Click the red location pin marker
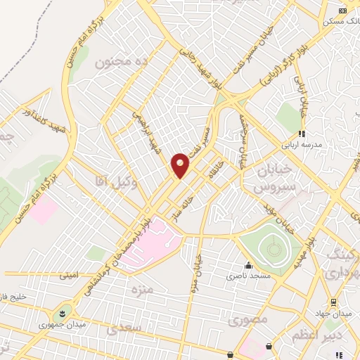[x=181, y=165]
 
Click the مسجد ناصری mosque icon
[x=247, y=266]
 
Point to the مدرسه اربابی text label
[x=302, y=144]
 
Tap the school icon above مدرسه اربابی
[x=301, y=133]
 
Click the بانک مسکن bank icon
[x=342, y=11]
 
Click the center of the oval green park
[x=271, y=246]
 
